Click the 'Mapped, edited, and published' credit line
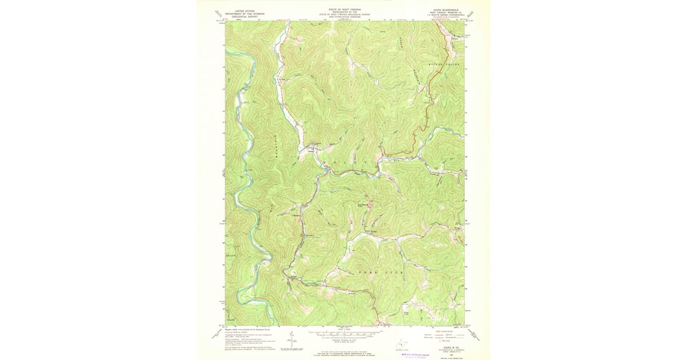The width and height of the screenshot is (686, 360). pos(240,329)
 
